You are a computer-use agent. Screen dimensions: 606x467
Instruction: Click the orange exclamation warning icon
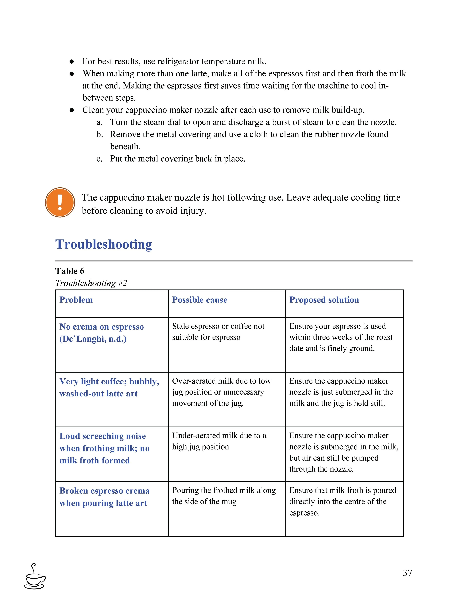(60, 202)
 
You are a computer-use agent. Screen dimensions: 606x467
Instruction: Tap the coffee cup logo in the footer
(35, 577)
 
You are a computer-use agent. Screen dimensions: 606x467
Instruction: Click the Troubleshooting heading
(104, 244)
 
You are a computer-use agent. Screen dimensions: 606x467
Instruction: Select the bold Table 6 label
(70, 271)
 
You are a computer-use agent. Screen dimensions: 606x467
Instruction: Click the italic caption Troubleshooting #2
(91, 283)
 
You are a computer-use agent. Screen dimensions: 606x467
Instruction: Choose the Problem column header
(76, 300)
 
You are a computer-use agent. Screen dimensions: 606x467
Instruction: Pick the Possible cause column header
(200, 300)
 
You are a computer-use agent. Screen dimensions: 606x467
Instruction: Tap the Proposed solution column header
(324, 300)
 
